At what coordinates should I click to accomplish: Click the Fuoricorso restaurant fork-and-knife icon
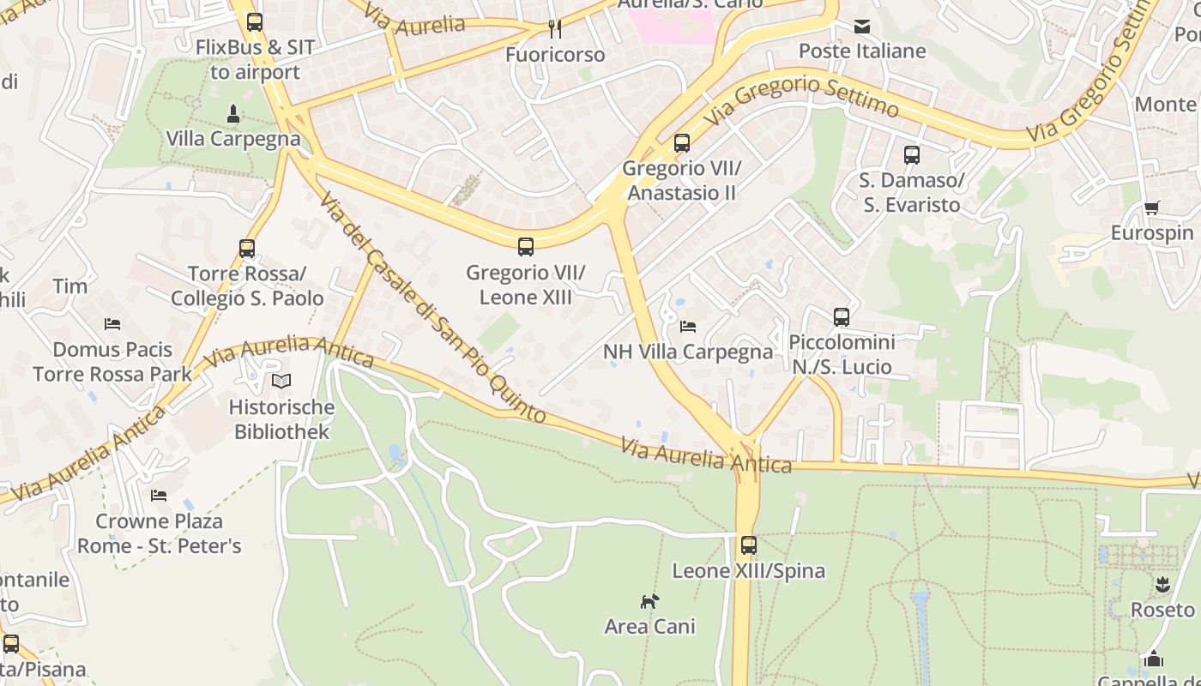click(x=555, y=29)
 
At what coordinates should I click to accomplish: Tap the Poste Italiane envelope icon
click(x=862, y=27)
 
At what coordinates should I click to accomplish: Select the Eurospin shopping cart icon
click(x=1151, y=208)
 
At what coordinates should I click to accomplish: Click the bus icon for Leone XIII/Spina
click(x=749, y=545)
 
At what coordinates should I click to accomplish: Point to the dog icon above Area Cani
click(x=649, y=601)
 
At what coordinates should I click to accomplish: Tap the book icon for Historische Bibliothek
click(x=281, y=382)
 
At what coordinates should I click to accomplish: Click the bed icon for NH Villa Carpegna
click(x=687, y=327)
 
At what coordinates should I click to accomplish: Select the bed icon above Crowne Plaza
click(x=159, y=496)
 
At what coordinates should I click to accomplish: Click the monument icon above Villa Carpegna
click(x=232, y=114)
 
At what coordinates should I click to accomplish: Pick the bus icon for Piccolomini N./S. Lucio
click(x=842, y=317)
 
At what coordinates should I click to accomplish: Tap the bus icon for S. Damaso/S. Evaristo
click(x=912, y=155)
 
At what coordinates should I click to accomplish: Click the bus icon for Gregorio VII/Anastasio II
click(x=682, y=143)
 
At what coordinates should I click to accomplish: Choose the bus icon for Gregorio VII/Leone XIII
click(x=526, y=247)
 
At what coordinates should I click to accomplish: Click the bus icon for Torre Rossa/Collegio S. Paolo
click(x=247, y=249)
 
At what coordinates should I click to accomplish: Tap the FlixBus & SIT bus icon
click(x=254, y=22)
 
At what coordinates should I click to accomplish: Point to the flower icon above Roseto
click(x=1162, y=585)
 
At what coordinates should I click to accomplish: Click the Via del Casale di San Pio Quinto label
click(x=432, y=309)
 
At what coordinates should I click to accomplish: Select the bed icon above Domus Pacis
click(x=112, y=324)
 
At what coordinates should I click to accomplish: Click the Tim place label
click(x=70, y=286)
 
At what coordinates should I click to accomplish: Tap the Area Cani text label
click(x=649, y=627)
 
